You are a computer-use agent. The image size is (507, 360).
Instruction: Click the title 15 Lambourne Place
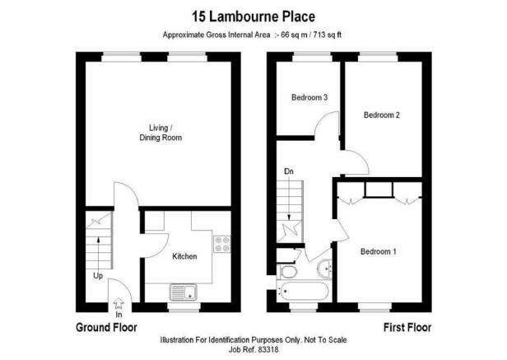(x=253, y=16)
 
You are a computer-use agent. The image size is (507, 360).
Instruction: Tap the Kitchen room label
(x=184, y=256)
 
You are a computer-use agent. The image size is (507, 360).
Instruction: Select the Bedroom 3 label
(x=309, y=97)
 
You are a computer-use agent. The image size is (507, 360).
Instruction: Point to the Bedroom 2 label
(x=382, y=115)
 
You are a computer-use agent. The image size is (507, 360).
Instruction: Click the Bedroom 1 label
(x=379, y=251)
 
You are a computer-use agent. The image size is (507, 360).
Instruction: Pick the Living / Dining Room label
(x=160, y=133)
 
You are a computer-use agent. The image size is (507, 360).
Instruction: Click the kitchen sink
(x=184, y=292)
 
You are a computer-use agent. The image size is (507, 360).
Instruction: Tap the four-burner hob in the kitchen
(x=222, y=244)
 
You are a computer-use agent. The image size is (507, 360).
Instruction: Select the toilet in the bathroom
(x=287, y=271)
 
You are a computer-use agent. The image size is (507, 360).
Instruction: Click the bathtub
(x=303, y=291)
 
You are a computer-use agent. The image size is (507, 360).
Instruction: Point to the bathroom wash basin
(x=324, y=269)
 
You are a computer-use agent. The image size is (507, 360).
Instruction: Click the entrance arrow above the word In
(x=119, y=303)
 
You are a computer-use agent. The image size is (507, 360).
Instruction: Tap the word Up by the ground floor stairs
(x=98, y=276)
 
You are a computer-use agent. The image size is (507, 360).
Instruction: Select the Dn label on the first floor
(x=289, y=171)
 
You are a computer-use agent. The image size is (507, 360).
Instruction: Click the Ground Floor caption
(x=106, y=328)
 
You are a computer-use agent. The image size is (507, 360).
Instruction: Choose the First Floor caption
(x=407, y=328)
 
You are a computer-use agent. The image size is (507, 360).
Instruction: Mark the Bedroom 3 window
(x=312, y=57)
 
